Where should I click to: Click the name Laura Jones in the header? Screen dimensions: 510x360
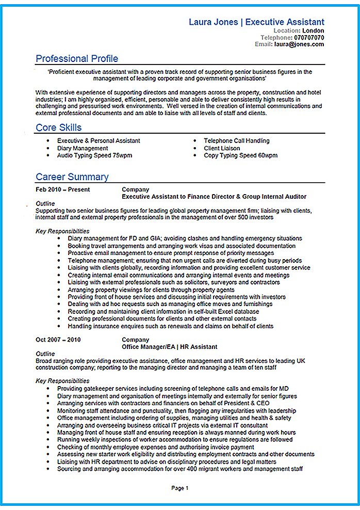click(213, 22)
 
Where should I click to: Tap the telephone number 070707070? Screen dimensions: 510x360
click(309, 38)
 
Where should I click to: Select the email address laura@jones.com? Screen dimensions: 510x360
click(299, 44)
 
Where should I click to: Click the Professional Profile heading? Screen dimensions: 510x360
click(77, 58)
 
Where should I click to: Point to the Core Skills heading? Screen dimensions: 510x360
click(59, 127)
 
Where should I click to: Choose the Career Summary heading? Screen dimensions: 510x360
click(72, 177)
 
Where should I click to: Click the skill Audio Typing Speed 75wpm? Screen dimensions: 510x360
click(94, 155)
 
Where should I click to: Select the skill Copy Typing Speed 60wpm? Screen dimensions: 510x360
click(240, 155)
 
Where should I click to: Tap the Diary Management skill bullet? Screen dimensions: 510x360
click(83, 148)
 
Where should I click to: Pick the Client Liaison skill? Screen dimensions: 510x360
click(222, 148)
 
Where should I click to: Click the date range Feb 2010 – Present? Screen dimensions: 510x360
click(62, 189)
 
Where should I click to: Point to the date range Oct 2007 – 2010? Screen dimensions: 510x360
click(58, 339)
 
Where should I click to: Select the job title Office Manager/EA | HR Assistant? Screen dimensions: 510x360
click(169, 347)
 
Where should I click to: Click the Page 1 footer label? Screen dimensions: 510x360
click(180, 488)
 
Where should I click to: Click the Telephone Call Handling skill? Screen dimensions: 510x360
click(236, 140)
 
